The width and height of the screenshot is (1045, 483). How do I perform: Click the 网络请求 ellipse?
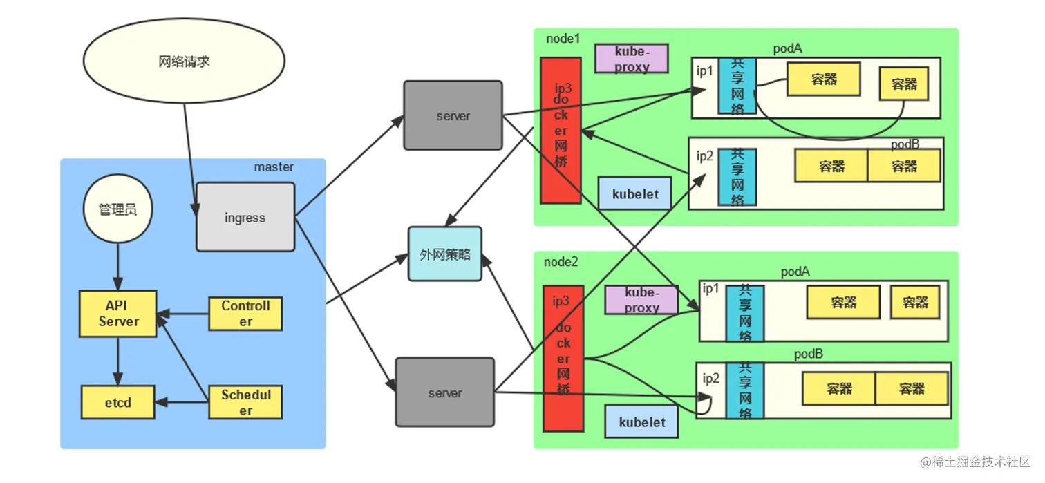184,62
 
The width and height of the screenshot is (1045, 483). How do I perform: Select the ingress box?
245,217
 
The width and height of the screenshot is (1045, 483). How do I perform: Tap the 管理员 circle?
117,209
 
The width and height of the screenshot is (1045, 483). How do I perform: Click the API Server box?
118,314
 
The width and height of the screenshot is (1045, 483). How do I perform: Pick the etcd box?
118,402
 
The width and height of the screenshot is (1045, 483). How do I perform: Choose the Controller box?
245,313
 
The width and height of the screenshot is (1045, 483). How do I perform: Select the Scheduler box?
245,402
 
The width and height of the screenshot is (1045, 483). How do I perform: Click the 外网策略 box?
445,254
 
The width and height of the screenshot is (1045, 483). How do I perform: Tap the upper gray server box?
453,115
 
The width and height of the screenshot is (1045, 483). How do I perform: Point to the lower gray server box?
444,392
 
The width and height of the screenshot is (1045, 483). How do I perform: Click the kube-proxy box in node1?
632,59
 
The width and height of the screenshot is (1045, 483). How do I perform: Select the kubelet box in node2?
641,422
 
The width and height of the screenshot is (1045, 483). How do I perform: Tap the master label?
274,167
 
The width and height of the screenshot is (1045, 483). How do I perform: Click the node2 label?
561,262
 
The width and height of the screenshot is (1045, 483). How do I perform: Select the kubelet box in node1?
634,193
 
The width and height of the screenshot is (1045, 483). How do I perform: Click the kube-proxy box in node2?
641,301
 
